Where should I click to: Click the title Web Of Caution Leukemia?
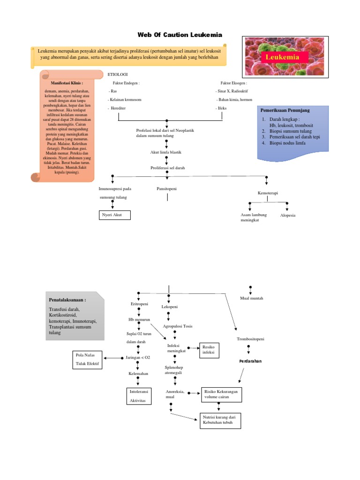point(180,35)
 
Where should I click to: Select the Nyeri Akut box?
point(114,215)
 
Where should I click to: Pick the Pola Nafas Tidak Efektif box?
point(87,359)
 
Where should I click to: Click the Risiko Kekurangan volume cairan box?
point(221,394)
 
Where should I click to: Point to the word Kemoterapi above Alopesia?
point(268,193)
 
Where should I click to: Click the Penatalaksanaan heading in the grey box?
point(67,300)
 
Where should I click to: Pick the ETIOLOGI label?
point(118,74)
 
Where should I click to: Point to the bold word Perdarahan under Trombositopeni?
point(250,361)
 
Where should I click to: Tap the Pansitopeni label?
point(166,188)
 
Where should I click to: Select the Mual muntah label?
point(251,298)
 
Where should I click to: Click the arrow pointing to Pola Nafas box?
point(112,358)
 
